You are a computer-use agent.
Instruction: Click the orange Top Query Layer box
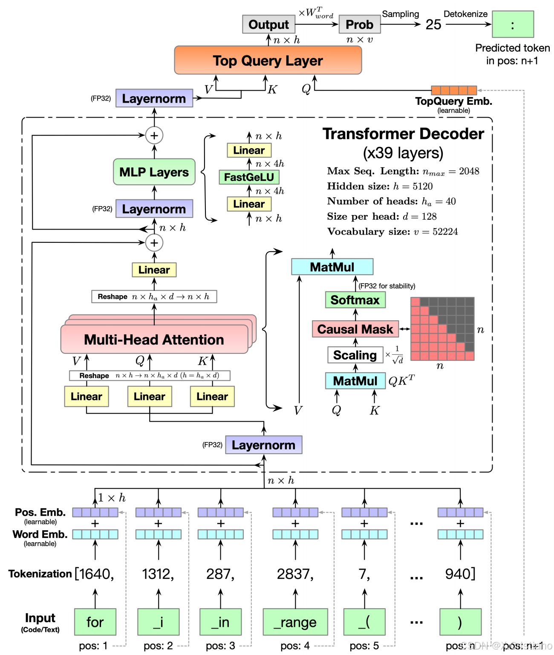(268, 60)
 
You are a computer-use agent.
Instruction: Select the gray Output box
(268, 25)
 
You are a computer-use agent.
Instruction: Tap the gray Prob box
(359, 25)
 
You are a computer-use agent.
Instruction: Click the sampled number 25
(433, 25)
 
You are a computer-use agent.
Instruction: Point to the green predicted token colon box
(513, 25)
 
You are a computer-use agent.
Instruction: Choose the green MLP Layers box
(154, 172)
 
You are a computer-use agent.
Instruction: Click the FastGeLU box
(249, 177)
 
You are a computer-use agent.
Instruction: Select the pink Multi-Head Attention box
(154, 339)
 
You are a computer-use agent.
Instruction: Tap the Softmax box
(355, 300)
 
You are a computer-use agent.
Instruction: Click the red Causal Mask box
(355, 329)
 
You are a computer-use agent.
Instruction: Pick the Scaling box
(355, 355)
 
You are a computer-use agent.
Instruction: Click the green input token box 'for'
(95, 622)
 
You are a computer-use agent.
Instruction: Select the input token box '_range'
(295, 622)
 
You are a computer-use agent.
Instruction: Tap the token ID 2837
(295, 574)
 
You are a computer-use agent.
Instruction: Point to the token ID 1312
(158, 574)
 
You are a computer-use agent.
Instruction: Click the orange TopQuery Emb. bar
(454, 90)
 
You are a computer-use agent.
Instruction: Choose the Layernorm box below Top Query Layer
(154, 98)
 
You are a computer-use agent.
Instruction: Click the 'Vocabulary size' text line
(392, 232)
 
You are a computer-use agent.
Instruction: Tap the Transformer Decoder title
(403, 134)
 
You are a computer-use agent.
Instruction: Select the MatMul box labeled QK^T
(355, 381)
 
